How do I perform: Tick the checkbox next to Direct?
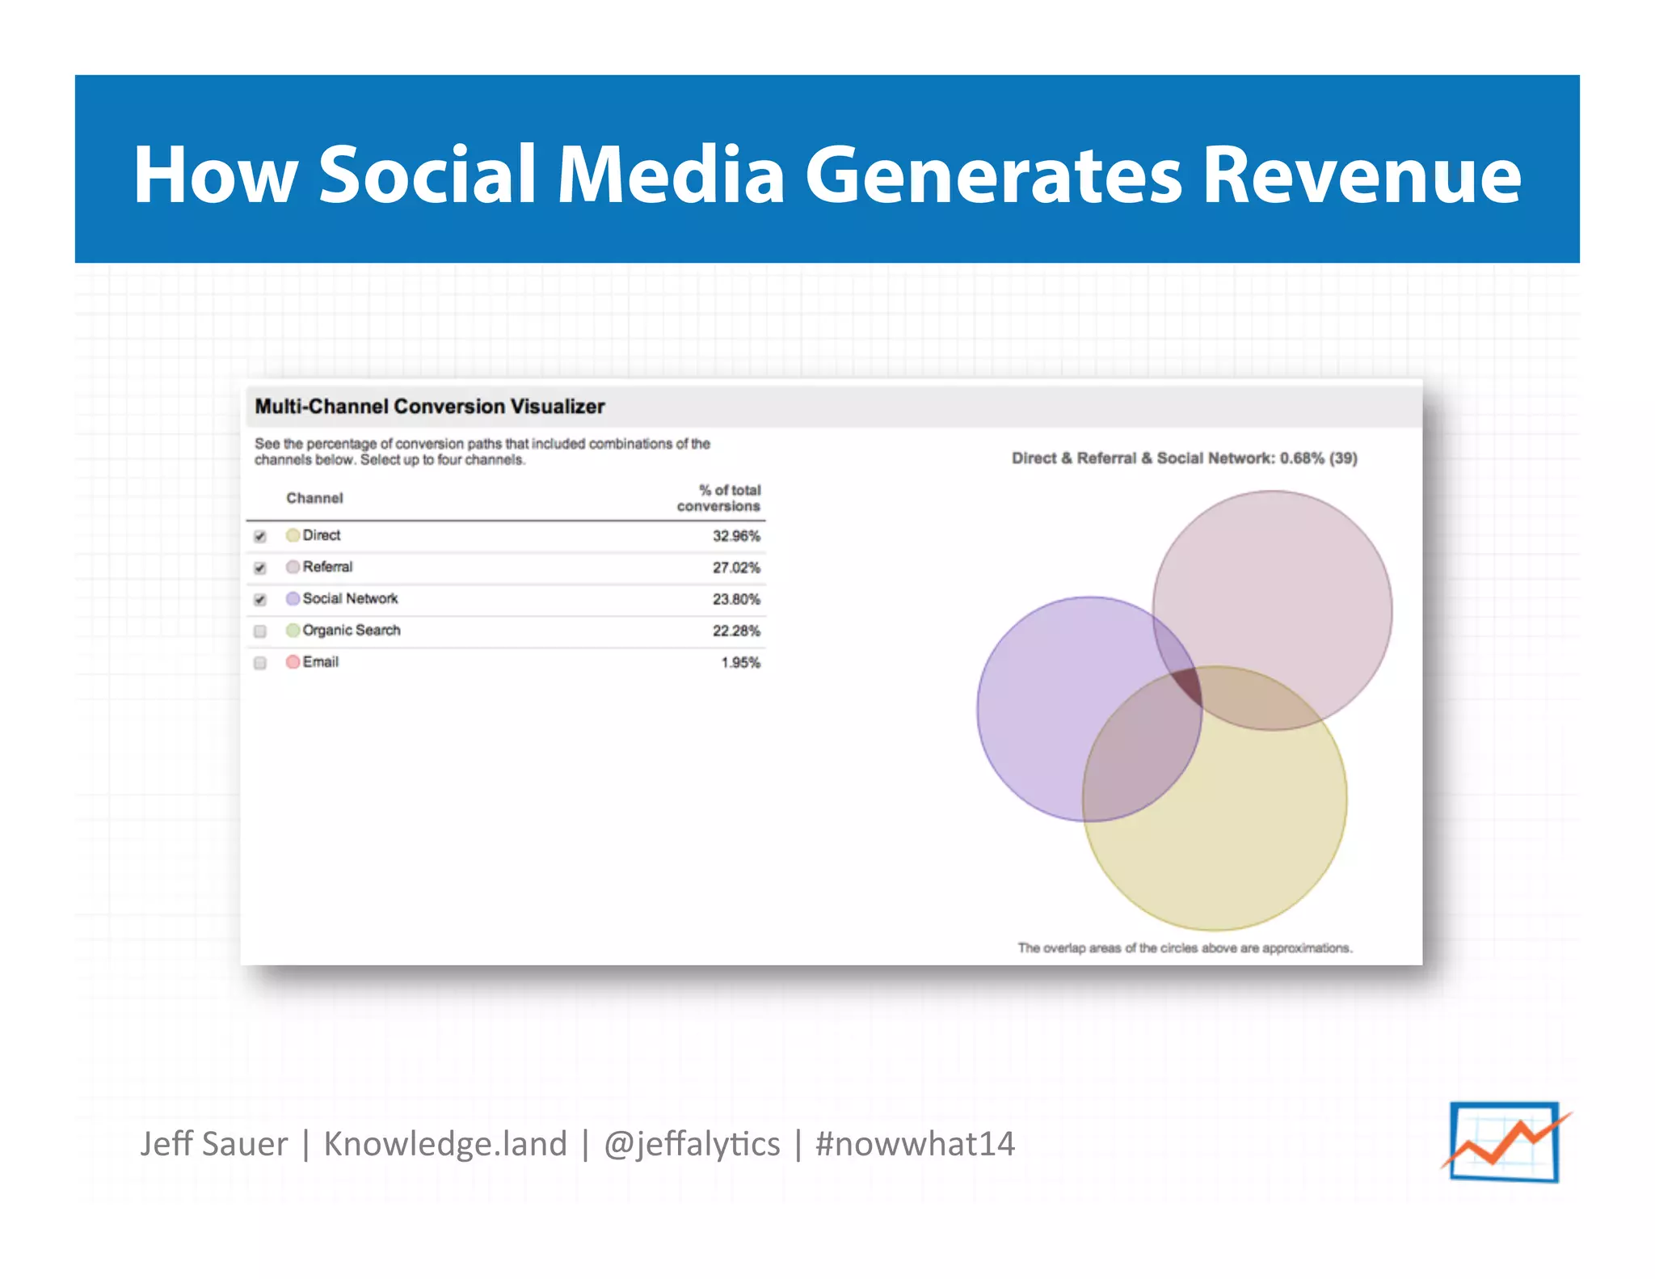(260, 536)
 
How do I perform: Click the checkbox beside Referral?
(260, 568)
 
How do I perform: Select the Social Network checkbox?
(260, 599)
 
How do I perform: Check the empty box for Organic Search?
(260, 631)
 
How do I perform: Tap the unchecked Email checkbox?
(260, 663)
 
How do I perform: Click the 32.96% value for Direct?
(735, 536)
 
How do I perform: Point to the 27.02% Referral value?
(735, 568)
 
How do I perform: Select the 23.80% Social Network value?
(735, 599)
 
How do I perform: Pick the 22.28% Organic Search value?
(735, 631)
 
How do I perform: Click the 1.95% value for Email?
(740, 662)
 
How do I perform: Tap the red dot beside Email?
(293, 662)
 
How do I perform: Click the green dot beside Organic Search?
(293, 631)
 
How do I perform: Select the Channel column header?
(314, 498)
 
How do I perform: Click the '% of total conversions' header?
(719, 498)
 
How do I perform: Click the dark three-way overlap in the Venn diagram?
(1189, 688)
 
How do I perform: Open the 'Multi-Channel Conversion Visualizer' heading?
(430, 407)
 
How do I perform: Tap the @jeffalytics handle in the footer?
(692, 1144)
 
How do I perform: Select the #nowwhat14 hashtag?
(915, 1144)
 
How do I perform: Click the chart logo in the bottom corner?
(1505, 1142)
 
